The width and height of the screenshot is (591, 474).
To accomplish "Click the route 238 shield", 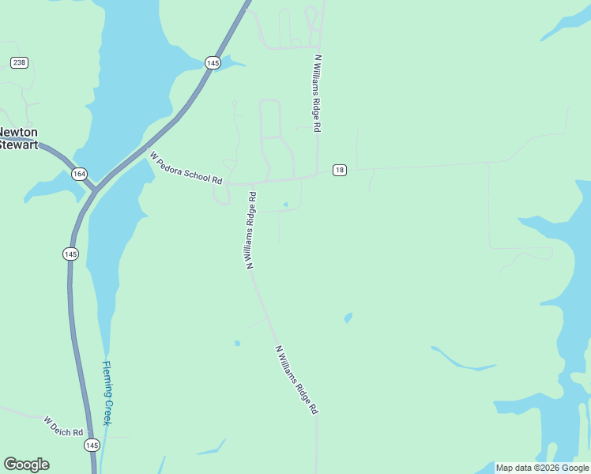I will click(20, 62).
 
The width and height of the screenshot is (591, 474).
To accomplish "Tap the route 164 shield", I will click(79, 175).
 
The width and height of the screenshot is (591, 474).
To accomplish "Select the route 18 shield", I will click(339, 170).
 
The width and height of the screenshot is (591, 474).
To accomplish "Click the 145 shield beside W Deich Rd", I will click(92, 446).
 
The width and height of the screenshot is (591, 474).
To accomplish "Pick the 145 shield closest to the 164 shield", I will click(71, 254).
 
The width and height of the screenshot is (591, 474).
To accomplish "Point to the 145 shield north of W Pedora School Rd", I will click(212, 62).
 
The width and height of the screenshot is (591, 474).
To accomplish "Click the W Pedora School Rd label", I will click(186, 167).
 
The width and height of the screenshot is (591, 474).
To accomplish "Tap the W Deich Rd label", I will click(63, 427).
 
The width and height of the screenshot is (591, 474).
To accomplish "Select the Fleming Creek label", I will click(108, 393).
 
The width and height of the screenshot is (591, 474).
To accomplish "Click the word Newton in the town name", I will click(19, 133).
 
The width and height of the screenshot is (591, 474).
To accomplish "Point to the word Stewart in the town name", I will click(18, 145).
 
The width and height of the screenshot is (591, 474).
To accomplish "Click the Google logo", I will click(26, 465).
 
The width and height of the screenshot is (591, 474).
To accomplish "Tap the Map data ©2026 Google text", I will click(542, 468).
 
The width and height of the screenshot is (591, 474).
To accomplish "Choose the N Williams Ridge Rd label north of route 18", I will click(318, 93).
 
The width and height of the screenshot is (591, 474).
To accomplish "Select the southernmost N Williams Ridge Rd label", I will click(296, 380).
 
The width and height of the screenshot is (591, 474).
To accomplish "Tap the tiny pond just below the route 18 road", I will click(285, 205).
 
